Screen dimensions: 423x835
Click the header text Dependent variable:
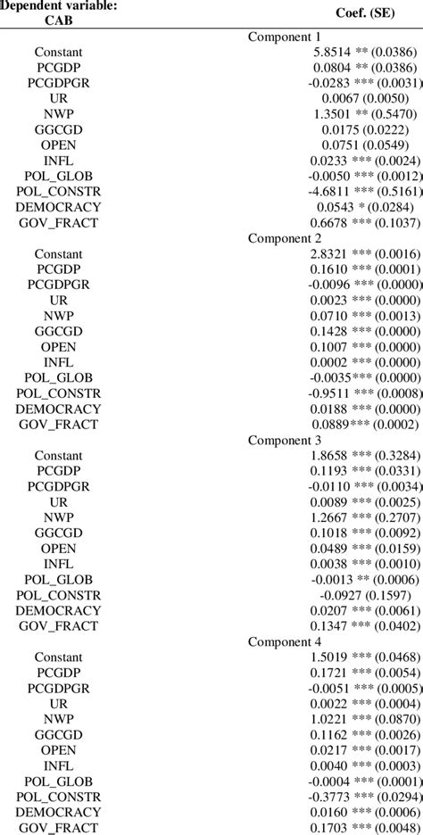(x=59, y=6)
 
